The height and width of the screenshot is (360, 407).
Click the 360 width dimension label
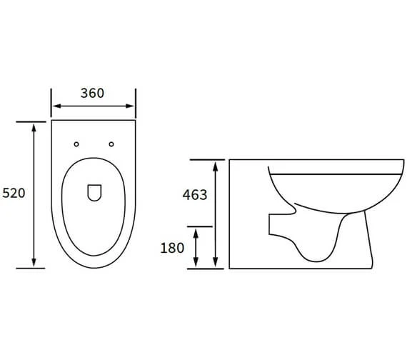click(x=93, y=94)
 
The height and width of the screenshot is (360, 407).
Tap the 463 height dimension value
click(x=194, y=195)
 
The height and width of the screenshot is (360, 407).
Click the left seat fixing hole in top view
click(x=76, y=144)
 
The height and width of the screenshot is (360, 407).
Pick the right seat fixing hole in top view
click(x=111, y=144)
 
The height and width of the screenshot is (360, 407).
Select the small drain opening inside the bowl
click(x=94, y=192)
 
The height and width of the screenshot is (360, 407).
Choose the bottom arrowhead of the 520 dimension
click(x=33, y=264)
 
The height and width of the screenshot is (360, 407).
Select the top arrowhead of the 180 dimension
click(x=196, y=231)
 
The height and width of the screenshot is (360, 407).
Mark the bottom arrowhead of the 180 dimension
click(x=196, y=264)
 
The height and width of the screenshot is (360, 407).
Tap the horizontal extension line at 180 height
click(x=200, y=226)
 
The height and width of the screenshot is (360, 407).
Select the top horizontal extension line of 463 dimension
click(x=207, y=160)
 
